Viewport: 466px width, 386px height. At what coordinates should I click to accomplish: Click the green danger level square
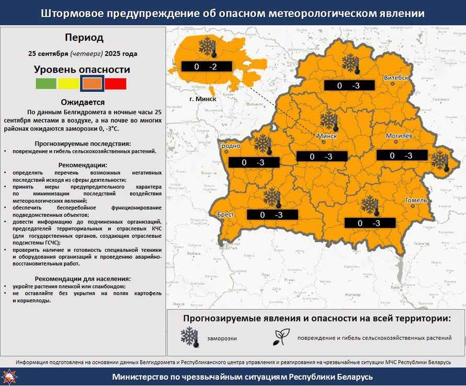pyautogui.click(x=46, y=83)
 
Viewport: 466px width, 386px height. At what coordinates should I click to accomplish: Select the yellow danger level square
pyautogui.click(x=69, y=83)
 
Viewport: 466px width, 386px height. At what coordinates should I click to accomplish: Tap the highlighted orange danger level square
pyautogui.click(x=92, y=83)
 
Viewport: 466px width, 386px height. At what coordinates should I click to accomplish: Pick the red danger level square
pyautogui.click(x=116, y=83)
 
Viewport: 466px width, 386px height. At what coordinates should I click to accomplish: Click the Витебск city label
pyautogui.click(x=396, y=78)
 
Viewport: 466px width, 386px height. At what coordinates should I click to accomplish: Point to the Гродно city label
pyautogui.click(x=230, y=146)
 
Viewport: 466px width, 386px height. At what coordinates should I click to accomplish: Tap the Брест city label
pyautogui.click(x=226, y=215)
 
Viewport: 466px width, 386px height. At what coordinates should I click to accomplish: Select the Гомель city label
pyautogui.click(x=416, y=200)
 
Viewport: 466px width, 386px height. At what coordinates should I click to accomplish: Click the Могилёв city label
pyautogui.click(x=400, y=136)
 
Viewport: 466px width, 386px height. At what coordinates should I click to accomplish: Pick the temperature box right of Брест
pyautogui.click(x=271, y=215)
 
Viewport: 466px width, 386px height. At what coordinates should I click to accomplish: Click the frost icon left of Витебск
pyautogui.click(x=351, y=64)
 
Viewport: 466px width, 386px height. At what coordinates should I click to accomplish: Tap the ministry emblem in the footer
pyautogui.click(x=10, y=377)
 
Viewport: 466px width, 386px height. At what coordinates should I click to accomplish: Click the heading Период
pyautogui.click(x=84, y=38)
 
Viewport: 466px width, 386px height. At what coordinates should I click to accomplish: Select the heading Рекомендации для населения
pyautogui.click(x=83, y=279)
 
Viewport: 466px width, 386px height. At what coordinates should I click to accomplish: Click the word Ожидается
pyautogui.click(x=83, y=102)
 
